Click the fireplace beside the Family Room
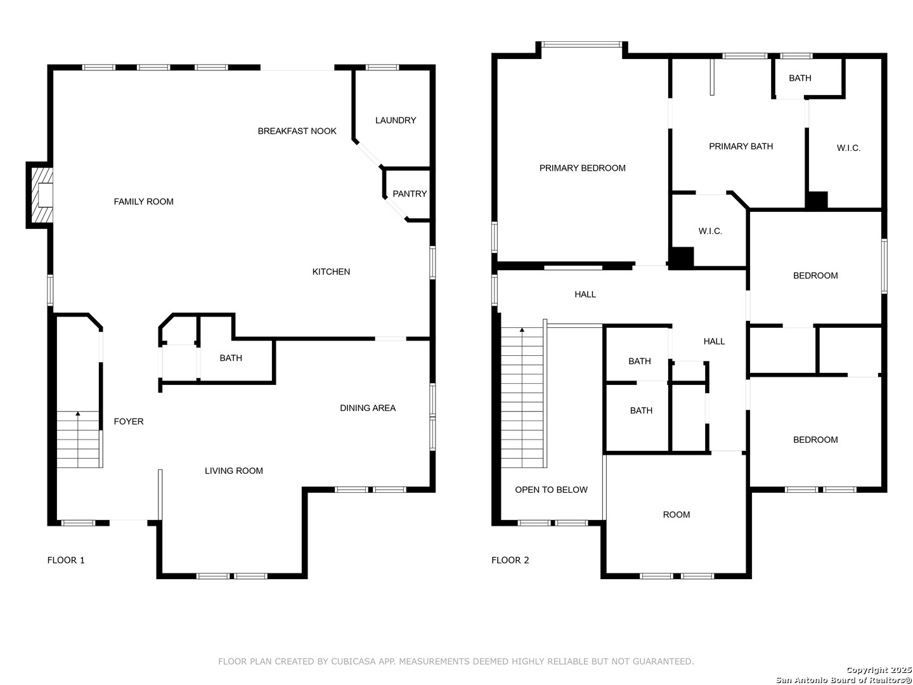[x=39, y=195]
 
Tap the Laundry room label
[x=395, y=121]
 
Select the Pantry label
[x=410, y=194]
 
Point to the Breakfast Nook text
[x=297, y=131]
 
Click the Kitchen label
[x=331, y=271]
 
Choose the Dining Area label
[x=367, y=408]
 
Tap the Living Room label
[x=233, y=471]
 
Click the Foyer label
[x=129, y=421]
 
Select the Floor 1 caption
[x=66, y=560]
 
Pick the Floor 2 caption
[x=510, y=560]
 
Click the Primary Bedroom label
[x=582, y=168]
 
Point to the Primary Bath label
[x=741, y=147]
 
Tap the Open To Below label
[x=551, y=490]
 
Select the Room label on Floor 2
[x=676, y=515]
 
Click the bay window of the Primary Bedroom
[x=581, y=44]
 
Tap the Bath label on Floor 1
[x=230, y=358]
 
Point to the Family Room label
[x=143, y=202]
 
